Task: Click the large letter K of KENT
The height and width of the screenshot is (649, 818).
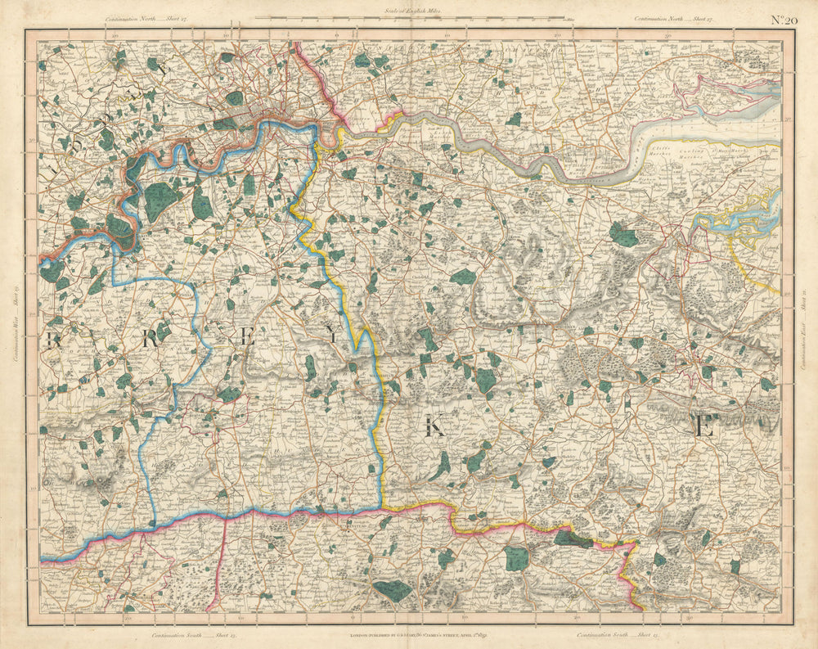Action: click(x=434, y=427)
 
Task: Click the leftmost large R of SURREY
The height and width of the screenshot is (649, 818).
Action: click(x=55, y=340)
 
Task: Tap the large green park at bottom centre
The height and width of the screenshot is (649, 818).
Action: click(x=393, y=590)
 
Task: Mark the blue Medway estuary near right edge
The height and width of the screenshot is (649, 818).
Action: click(x=740, y=218)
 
